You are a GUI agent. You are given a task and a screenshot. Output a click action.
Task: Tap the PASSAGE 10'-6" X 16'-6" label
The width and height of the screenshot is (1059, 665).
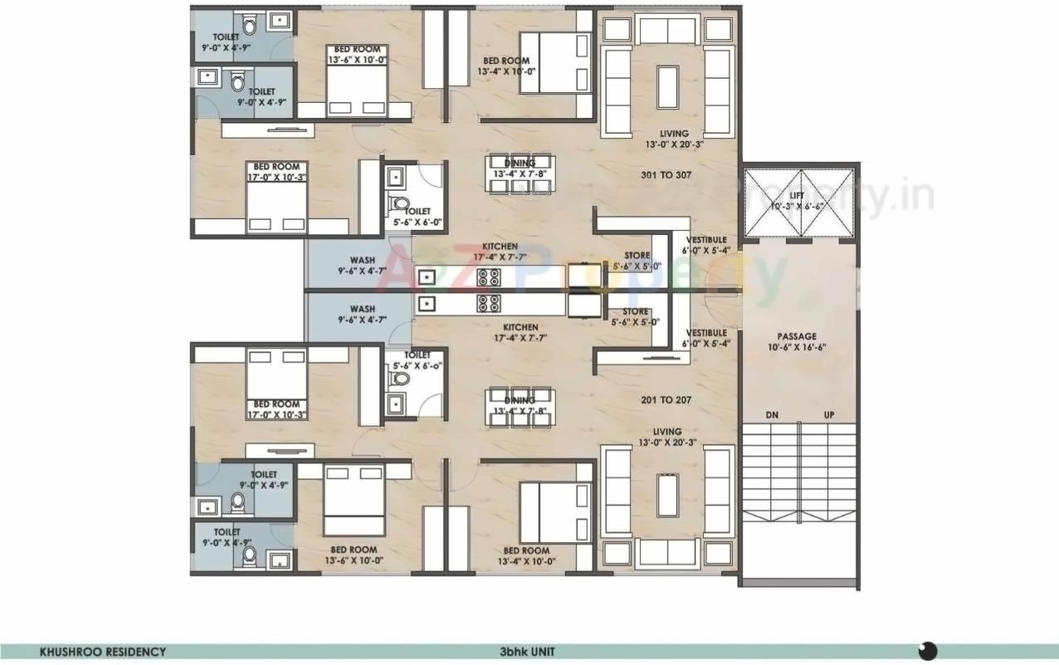(797, 342)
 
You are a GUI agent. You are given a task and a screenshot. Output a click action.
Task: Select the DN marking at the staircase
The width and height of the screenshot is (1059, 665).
(772, 414)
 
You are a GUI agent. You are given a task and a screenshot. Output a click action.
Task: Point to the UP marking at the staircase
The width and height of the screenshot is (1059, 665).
(828, 414)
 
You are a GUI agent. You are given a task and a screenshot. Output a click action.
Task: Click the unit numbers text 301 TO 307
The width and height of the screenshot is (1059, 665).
(666, 175)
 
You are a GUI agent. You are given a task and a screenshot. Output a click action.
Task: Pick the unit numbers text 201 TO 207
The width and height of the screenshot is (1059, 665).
(666, 400)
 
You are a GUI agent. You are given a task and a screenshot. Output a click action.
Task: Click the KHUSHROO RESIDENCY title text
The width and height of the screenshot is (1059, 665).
(103, 652)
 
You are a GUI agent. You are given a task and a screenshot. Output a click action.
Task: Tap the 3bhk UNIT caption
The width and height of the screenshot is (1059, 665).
(527, 652)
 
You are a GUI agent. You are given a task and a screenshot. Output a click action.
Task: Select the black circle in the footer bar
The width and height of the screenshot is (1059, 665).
(928, 650)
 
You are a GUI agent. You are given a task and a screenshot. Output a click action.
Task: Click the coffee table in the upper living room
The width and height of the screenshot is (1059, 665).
(667, 87)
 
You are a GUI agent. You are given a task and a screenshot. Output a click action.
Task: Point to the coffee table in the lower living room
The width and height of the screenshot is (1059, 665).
(667, 495)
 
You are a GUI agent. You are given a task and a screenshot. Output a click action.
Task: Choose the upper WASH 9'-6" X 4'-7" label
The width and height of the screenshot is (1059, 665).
(362, 265)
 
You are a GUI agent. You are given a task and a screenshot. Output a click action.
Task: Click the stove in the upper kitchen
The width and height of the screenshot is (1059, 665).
(488, 277)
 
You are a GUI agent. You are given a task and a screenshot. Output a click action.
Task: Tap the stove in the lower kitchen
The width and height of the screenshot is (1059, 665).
(488, 303)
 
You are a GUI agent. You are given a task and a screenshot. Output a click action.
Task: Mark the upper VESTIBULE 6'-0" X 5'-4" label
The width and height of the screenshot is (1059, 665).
(706, 245)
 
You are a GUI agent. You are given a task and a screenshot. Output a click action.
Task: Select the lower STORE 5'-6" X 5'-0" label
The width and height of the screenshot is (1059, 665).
(636, 317)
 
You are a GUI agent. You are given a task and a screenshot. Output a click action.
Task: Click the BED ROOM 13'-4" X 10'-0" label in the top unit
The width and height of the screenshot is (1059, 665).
(507, 66)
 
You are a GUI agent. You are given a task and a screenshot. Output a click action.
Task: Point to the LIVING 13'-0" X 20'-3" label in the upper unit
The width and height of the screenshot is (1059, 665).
(673, 139)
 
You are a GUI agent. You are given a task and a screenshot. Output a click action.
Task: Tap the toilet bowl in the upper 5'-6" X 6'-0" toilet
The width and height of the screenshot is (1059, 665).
(400, 203)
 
